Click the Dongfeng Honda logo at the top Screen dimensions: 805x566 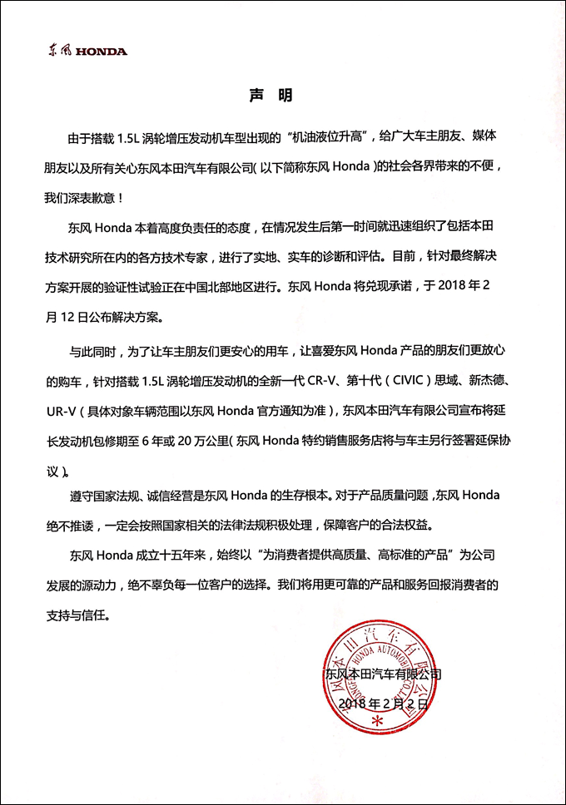(x=87, y=51)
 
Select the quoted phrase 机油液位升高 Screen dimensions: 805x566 (x=325, y=136)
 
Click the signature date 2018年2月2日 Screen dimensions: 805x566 (x=386, y=704)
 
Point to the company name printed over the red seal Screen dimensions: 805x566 (x=384, y=674)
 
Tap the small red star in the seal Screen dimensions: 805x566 (x=380, y=722)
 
